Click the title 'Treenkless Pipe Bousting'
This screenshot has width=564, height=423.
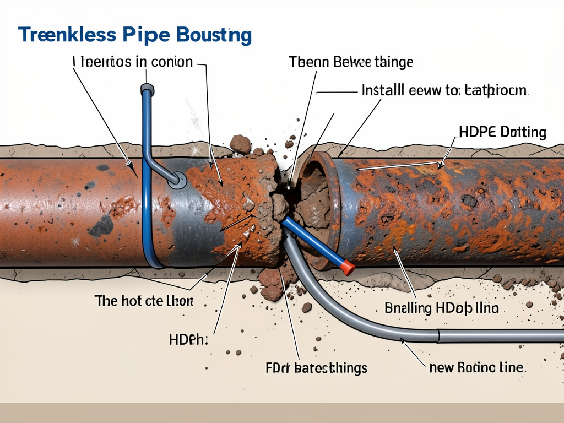click(135, 35)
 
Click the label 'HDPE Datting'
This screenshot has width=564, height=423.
click(502, 132)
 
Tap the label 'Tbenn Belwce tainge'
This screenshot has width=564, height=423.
click(350, 62)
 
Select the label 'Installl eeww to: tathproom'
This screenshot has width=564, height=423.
click(444, 90)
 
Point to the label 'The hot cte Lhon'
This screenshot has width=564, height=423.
click(144, 301)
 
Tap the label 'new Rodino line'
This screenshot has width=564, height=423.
click(476, 367)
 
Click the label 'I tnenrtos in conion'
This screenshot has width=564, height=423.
click(133, 62)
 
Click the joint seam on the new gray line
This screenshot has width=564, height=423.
click(438, 335)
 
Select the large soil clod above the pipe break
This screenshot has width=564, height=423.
click(240, 144)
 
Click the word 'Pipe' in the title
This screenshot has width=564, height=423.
click(149, 35)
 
